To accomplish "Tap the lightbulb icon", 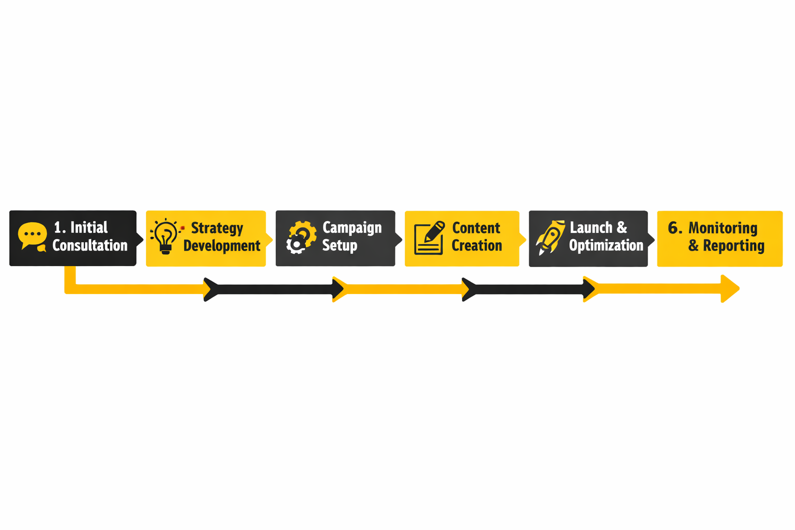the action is [x=166, y=237].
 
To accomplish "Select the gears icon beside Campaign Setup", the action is [x=301, y=237].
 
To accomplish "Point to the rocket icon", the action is [x=551, y=238].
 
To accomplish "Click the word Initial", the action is [x=89, y=228].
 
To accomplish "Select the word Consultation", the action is [x=90, y=245].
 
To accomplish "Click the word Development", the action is [x=222, y=246].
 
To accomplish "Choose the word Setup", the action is [x=340, y=246].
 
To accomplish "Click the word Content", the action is [x=476, y=228].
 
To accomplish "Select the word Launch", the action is [x=591, y=228].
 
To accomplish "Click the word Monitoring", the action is [x=723, y=228].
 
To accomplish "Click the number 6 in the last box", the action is [x=673, y=228].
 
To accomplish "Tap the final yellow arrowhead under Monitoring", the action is [x=730, y=289].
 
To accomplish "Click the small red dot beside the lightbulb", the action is [x=182, y=228].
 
